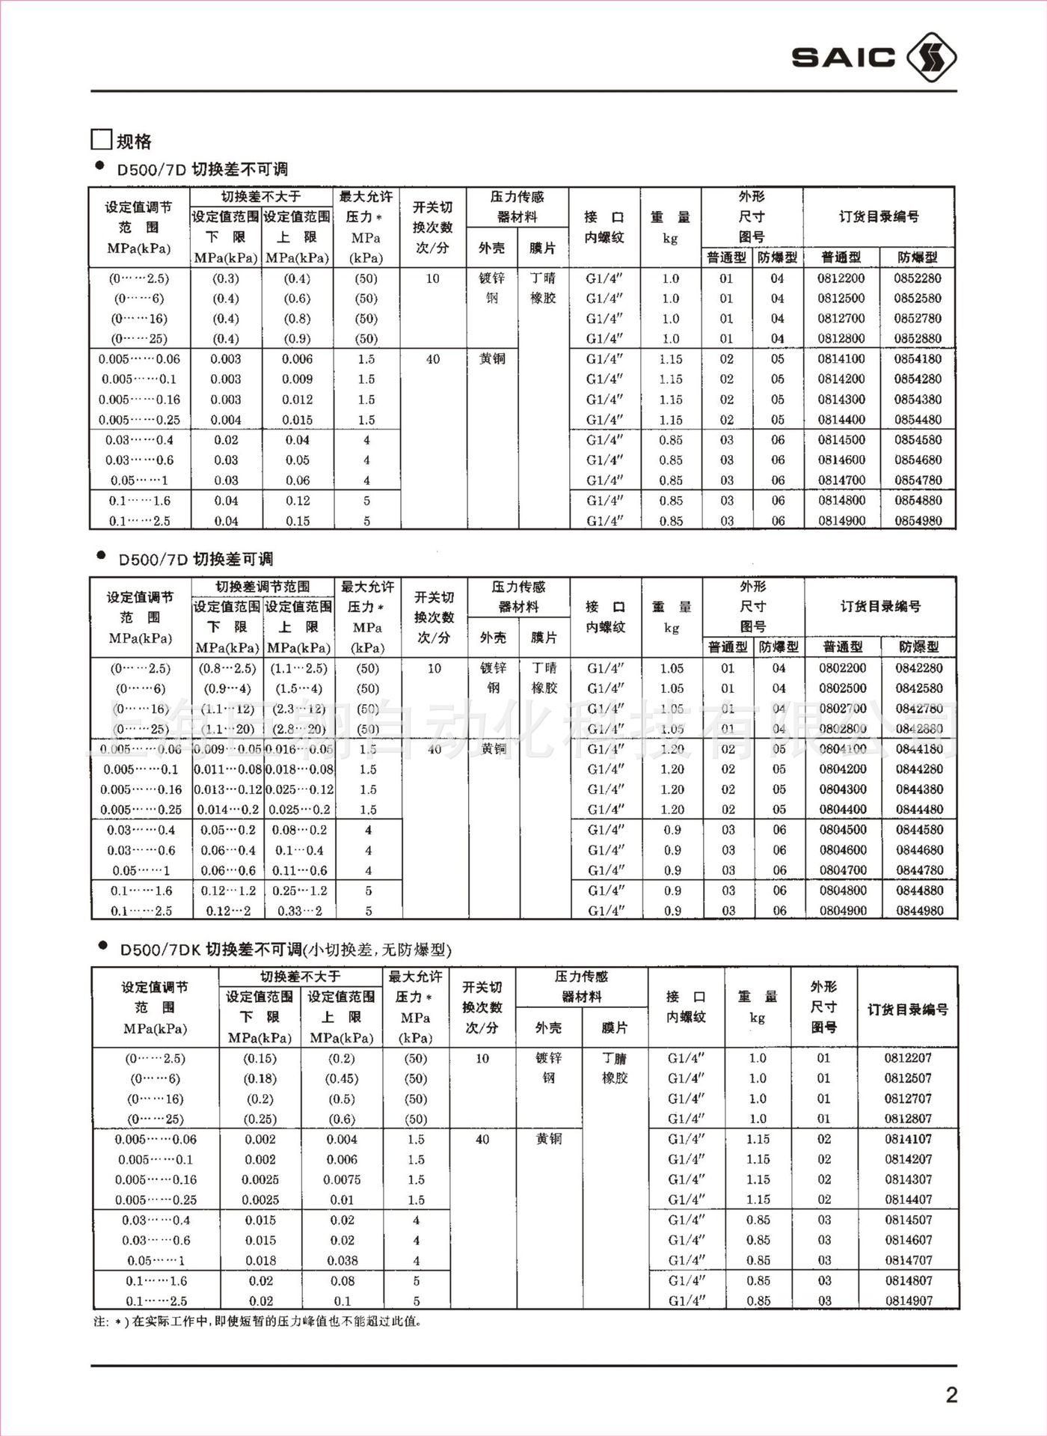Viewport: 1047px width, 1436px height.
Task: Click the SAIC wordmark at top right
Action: click(843, 58)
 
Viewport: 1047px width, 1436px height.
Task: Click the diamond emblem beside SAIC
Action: click(930, 58)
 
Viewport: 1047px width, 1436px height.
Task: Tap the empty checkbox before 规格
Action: click(101, 140)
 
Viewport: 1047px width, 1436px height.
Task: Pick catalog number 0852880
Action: click(918, 338)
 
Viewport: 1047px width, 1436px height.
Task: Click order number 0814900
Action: click(841, 521)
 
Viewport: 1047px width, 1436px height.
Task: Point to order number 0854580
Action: click(918, 440)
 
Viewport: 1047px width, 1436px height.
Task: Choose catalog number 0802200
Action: click(843, 668)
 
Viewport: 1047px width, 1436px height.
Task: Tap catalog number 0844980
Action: click(919, 911)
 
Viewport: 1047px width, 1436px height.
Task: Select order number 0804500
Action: click(843, 830)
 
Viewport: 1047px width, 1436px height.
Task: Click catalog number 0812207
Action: click(908, 1058)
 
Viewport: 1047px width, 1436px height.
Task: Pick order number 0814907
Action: click(909, 1301)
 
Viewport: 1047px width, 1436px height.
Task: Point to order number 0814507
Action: click(909, 1220)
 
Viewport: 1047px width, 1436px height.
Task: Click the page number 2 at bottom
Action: click(951, 1395)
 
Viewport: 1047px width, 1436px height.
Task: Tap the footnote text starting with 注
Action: click(258, 1322)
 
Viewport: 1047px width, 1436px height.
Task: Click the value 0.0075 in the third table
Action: click(342, 1179)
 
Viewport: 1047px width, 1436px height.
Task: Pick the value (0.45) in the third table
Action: click(342, 1078)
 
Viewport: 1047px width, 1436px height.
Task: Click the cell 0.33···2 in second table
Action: click(299, 911)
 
